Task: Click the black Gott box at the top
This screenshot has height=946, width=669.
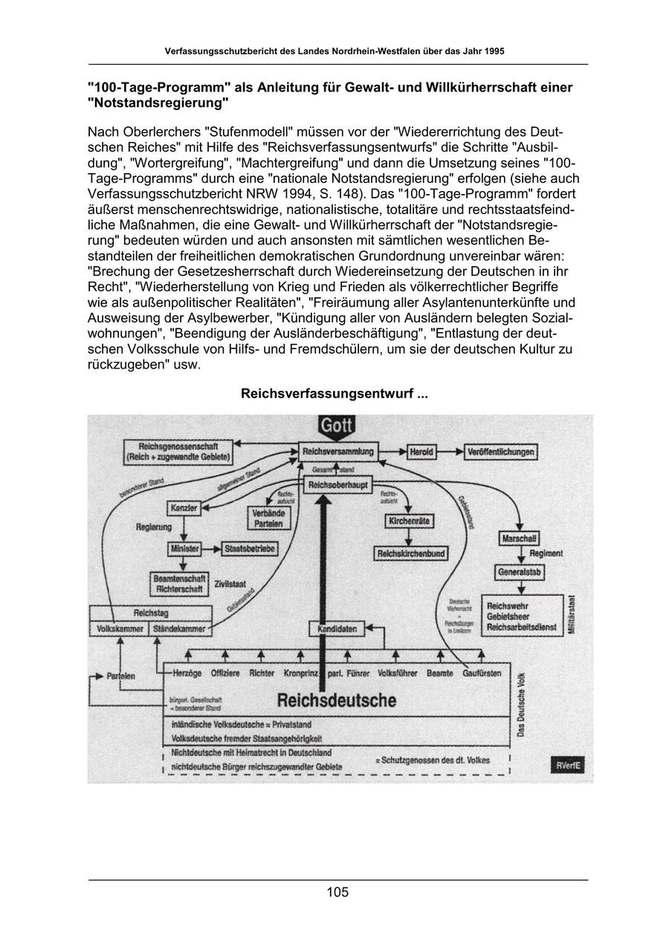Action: point(337,427)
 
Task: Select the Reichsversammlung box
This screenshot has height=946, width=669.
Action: point(338,451)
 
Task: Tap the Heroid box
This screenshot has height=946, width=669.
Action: point(422,452)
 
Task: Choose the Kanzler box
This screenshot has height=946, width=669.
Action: point(184,508)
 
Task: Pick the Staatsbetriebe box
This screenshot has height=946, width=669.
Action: point(250,548)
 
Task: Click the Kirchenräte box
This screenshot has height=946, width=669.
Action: point(409,521)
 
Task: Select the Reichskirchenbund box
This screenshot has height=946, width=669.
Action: point(411,554)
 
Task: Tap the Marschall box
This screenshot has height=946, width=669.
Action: point(520,538)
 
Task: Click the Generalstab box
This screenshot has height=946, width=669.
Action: point(520,572)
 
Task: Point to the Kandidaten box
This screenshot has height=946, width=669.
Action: point(337,629)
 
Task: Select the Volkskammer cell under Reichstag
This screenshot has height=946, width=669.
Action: point(119,629)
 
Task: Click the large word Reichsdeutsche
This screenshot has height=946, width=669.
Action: point(337,700)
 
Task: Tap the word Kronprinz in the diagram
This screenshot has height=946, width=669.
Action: point(301,673)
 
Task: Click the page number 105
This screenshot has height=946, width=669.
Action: point(337,892)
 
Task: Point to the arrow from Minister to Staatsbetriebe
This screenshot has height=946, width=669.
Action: point(211,548)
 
